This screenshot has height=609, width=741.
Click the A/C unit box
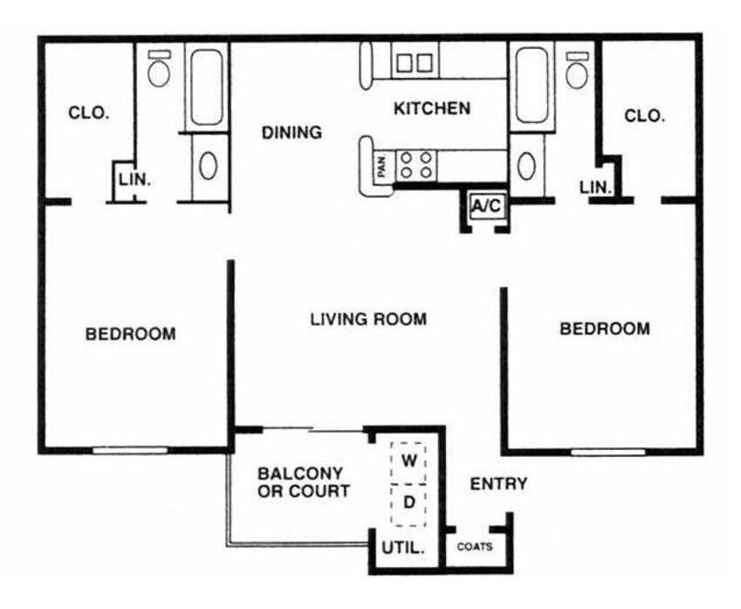[488, 206]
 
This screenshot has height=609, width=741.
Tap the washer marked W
[408, 463]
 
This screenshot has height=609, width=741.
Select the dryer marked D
[408, 505]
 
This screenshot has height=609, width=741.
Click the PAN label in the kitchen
[382, 166]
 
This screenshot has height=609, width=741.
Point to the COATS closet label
[475, 547]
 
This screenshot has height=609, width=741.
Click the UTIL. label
[403, 548]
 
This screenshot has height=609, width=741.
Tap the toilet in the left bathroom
[158, 69]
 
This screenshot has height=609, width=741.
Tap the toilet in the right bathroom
[577, 70]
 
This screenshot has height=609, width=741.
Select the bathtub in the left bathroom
[207, 87]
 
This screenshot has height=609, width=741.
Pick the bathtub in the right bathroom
[532, 85]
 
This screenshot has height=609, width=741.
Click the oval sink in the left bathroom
[208, 166]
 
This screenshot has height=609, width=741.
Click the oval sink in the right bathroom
[526, 166]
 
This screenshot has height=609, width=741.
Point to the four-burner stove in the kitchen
[416, 164]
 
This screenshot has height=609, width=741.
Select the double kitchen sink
[415, 63]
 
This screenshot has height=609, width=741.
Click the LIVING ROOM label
[368, 319]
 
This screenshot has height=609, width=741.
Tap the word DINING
[292, 133]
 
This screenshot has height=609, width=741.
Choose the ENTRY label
[498, 483]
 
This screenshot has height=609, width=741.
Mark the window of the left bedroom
[130, 450]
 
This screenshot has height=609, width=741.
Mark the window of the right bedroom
[608, 453]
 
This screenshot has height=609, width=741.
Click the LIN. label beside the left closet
[134, 180]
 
